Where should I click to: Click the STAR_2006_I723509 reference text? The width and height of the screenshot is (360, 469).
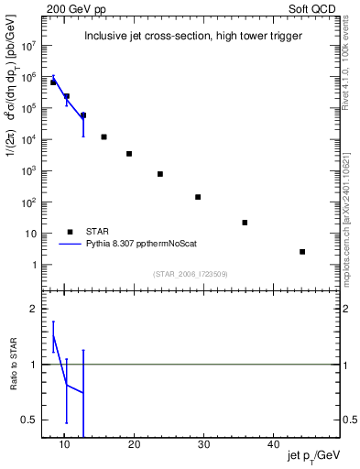pos(190,273)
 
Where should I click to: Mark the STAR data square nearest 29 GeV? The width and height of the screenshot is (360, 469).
pos(198,197)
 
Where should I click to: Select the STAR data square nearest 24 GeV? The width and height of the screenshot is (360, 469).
pos(160,174)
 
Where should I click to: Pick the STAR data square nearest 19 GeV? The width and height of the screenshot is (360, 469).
pos(129,154)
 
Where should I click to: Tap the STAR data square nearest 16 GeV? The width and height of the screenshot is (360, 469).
pos(104,137)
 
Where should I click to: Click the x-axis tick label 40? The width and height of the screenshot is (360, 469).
pos(273,445)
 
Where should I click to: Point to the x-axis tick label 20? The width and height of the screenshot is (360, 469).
pos(134,445)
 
